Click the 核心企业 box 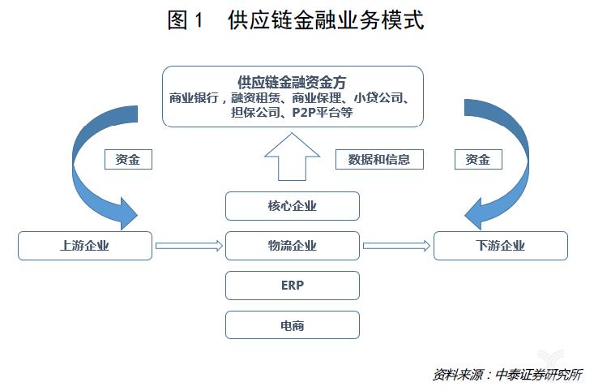pyautogui.click(x=292, y=206)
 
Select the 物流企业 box pyautogui.click(x=292, y=246)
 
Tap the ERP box pyautogui.click(x=292, y=286)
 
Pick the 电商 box pyautogui.click(x=292, y=325)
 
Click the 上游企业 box pyautogui.click(x=85, y=246)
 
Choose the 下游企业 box pyautogui.click(x=501, y=246)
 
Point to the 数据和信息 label pyautogui.click(x=379, y=159)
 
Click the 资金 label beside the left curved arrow pyautogui.click(x=128, y=159)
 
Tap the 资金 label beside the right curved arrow pyautogui.click(x=478, y=159)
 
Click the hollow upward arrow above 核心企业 pyautogui.click(x=292, y=157)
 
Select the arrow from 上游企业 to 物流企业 pyautogui.click(x=189, y=246)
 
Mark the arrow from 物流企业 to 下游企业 pyautogui.click(x=396, y=246)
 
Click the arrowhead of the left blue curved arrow pyautogui.click(x=127, y=214)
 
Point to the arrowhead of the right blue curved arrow pyautogui.click(x=476, y=214)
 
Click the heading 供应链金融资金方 pyautogui.click(x=292, y=82)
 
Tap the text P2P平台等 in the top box pyautogui.click(x=323, y=112)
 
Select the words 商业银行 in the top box pyautogui.click(x=194, y=98)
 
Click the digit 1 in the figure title pyautogui.click(x=199, y=20)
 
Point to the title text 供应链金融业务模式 pyautogui.click(x=326, y=20)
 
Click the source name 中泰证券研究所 pyautogui.click(x=539, y=375)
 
